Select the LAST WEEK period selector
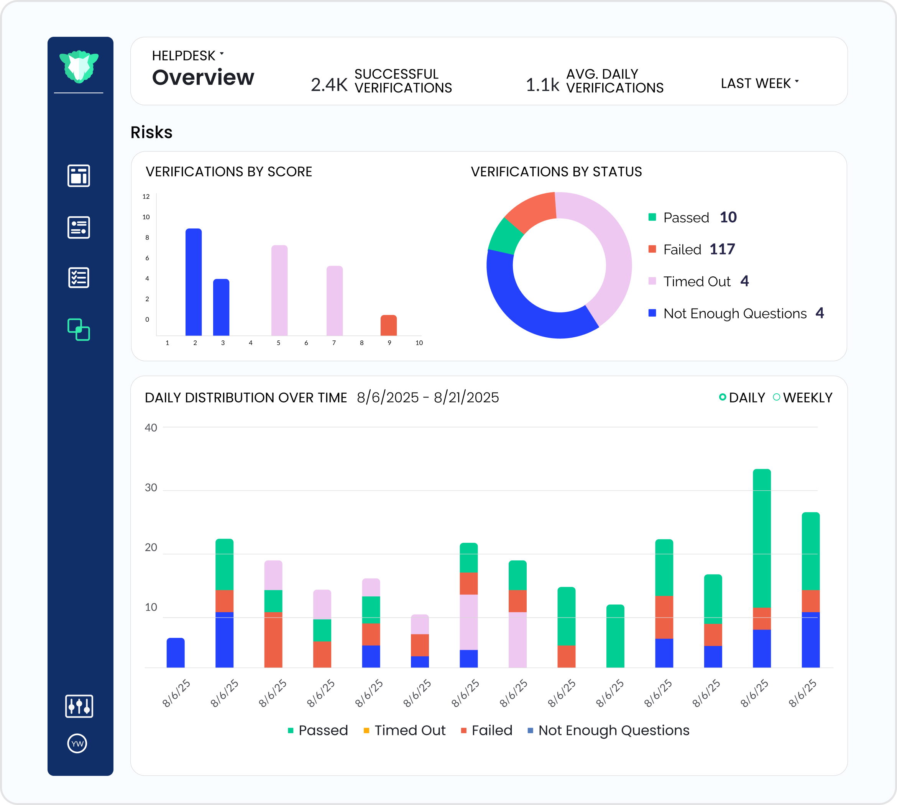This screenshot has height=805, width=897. pyautogui.click(x=759, y=83)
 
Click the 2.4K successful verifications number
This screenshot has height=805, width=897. pyautogui.click(x=329, y=84)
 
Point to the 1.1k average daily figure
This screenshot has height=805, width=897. pyautogui.click(x=542, y=84)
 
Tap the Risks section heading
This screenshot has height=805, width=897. pyautogui.click(x=151, y=132)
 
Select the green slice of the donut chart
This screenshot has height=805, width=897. pyautogui.click(x=505, y=235)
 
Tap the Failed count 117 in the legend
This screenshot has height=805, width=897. pyautogui.click(x=722, y=250)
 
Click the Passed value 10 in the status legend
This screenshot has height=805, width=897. pyautogui.click(x=728, y=217)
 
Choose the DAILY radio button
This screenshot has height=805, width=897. pyautogui.click(x=723, y=397)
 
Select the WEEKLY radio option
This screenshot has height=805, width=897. pyautogui.click(x=777, y=397)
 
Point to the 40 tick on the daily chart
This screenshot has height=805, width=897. pyautogui.click(x=151, y=428)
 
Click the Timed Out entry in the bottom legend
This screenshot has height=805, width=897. pyautogui.click(x=404, y=730)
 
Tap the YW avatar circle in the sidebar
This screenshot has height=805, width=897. pyautogui.click(x=77, y=744)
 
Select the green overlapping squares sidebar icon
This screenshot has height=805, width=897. pyautogui.click(x=79, y=330)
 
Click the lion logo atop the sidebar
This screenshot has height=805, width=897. pyautogui.click(x=79, y=66)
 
